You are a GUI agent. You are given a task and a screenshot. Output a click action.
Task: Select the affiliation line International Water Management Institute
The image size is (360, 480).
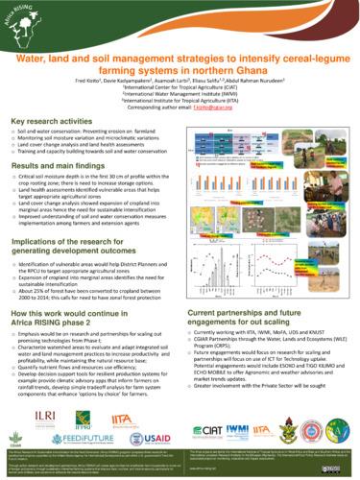pos(180,96)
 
